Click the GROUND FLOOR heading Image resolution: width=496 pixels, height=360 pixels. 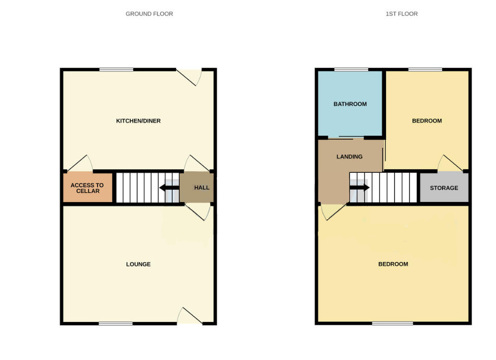[149, 14]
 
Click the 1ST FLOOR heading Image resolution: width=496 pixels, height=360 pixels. [401, 14]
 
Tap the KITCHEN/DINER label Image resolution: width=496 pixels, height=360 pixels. [138, 121]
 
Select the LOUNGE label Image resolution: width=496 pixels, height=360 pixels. [138, 264]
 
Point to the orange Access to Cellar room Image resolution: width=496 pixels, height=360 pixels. [88, 188]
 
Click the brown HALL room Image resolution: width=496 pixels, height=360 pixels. [197, 187]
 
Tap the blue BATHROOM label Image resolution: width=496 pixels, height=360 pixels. [350, 104]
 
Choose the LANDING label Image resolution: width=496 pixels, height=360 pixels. [349, 156]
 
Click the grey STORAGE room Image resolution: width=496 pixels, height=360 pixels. [444, 187]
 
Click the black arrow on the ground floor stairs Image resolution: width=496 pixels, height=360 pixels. [170, 188]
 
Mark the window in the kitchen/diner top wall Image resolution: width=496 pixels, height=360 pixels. [116, 70]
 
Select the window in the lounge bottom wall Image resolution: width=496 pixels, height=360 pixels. [115, 323]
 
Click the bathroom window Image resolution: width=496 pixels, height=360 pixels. [351, 70]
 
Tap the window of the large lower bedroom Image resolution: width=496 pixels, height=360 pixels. [393, 323]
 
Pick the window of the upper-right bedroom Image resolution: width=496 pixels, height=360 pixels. [425, 70]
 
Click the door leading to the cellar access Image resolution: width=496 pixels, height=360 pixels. [80, 163]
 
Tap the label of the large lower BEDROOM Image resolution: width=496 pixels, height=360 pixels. [393, 264]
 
